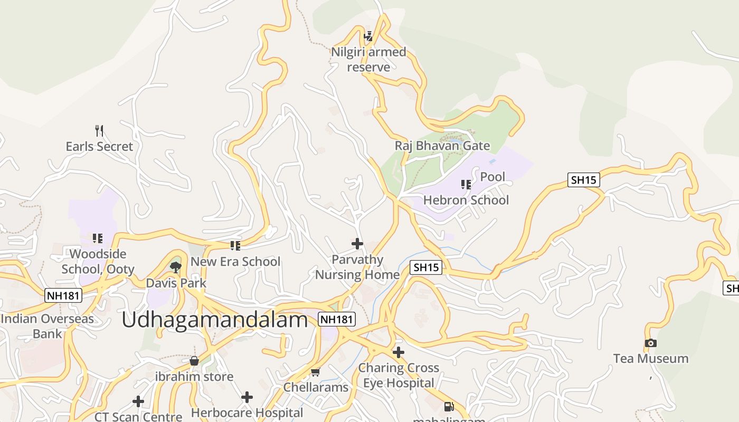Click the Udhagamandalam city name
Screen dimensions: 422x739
[215, 320]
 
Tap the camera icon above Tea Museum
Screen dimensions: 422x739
[651, 343]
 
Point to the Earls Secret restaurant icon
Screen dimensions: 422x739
[99, 130]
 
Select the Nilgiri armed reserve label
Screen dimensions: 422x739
[368, 60]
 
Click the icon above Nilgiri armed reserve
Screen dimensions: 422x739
[368, 36]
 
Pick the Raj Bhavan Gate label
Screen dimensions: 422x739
[442, 146]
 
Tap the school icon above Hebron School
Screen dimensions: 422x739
[466, 184]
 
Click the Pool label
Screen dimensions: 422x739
[492, 177]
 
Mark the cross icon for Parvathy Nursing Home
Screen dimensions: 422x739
[357, 244]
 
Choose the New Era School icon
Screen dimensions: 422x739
[235, 245]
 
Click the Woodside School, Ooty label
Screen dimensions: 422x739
[98, 262]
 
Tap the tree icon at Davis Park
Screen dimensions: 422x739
[176, 267]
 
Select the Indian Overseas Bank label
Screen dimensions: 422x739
[47, 326]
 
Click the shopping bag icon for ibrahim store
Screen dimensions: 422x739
[194, 361]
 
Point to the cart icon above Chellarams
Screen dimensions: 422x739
[316, 372]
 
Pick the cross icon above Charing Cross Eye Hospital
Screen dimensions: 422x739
[399, 352]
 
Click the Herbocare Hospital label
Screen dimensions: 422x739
[247, 413]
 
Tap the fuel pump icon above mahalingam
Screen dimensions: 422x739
[449, 407]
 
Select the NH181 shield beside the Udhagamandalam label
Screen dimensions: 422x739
[337, 319]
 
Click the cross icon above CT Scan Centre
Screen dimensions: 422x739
[138, 402]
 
